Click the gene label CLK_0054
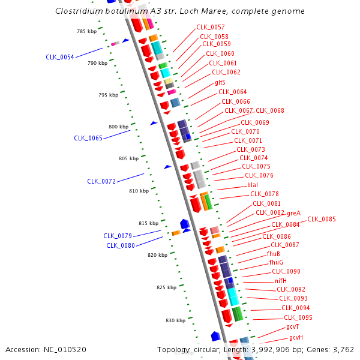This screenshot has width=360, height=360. point(60,58)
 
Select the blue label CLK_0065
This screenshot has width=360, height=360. point(88,138)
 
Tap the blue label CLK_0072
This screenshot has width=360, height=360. point(101,181)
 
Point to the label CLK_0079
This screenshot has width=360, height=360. point(118,236)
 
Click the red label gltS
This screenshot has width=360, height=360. point(220,82)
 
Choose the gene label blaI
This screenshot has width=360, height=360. point(253,185)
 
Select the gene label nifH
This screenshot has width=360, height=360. point(281,281)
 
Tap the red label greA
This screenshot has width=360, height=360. point(294,213)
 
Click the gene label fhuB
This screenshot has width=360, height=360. point(274,254)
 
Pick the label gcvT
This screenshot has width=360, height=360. point(293,327)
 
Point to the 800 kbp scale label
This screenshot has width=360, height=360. point(118,127)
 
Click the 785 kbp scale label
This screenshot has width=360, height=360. point(86,31)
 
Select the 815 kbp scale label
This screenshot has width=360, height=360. point(148,223)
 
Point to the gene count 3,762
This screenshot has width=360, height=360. point(343,350)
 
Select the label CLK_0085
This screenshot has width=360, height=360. point(322,219)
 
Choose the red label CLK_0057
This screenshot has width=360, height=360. point(211,28)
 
